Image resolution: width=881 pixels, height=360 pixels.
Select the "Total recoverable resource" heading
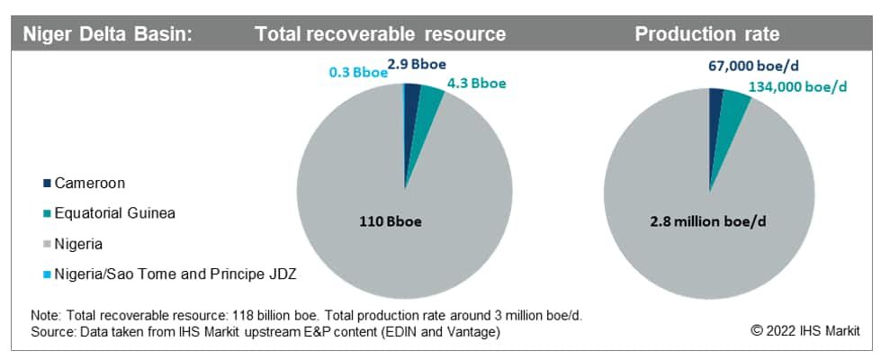click(x=380, y=34)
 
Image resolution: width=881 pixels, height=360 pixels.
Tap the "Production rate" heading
click(x=707, y=34)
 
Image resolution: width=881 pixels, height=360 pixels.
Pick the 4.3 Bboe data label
click(x=476, y=83)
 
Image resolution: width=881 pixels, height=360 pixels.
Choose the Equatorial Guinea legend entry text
click(x=114, y=213)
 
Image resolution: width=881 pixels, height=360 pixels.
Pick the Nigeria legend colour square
click(x=46, y=244)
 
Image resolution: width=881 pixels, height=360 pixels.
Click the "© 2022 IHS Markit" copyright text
click(x=805, y=330)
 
